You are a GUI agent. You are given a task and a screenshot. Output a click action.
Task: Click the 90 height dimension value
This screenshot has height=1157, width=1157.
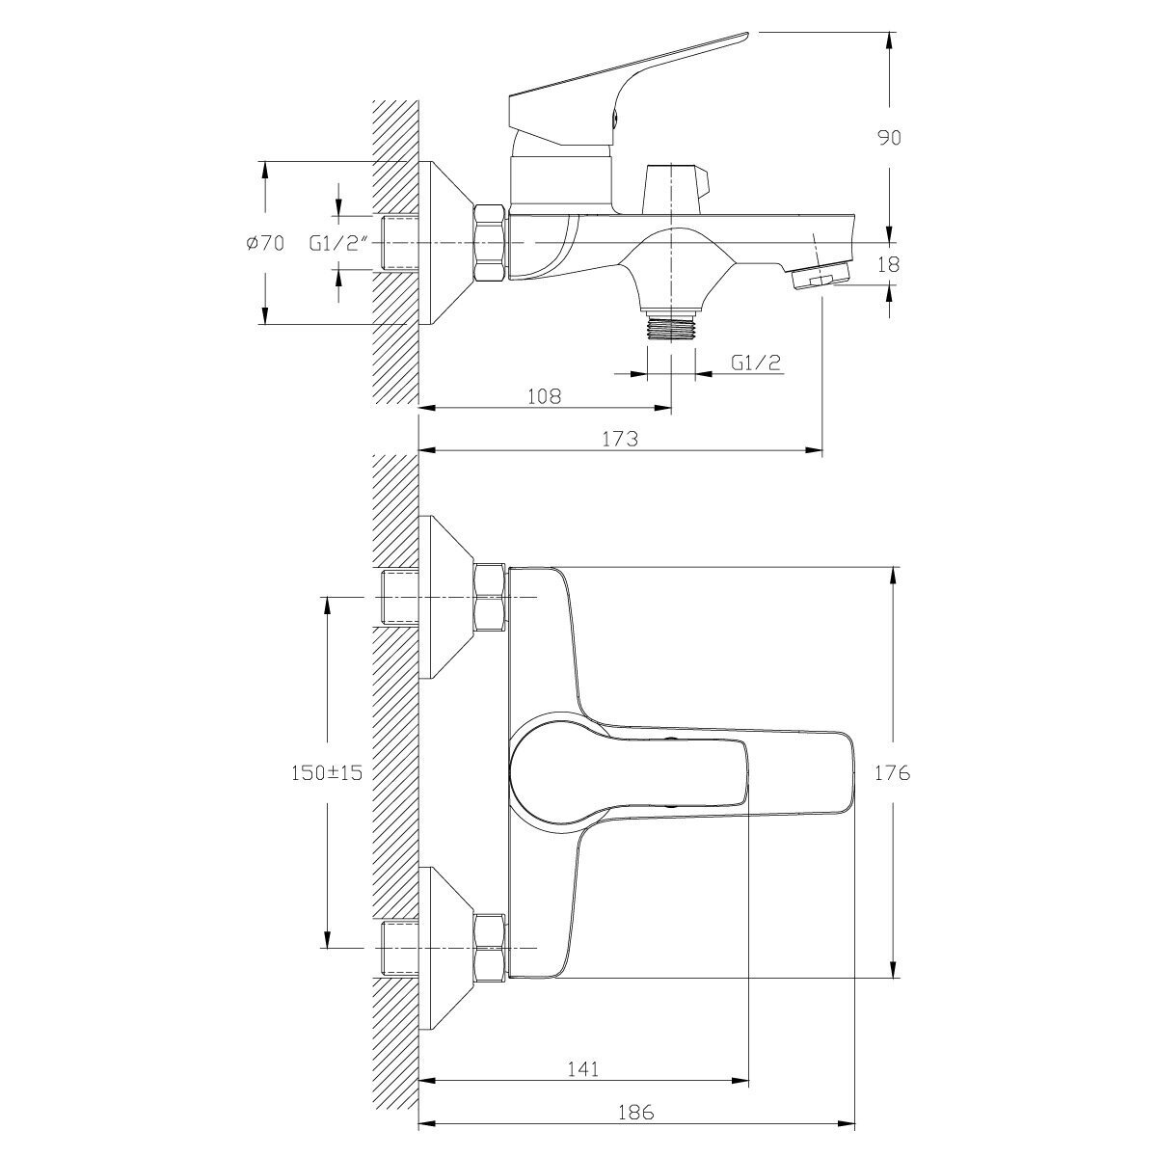pos(889,138)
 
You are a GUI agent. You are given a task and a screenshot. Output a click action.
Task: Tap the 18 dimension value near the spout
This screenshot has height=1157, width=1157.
pos(889,264)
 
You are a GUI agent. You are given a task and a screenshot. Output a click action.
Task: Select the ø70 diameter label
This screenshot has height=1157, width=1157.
pos(264,244)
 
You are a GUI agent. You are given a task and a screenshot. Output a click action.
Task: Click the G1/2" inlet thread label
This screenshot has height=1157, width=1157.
pos(340,244)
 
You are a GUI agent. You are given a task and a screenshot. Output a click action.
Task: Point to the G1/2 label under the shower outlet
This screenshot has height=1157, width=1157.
pos(755,363)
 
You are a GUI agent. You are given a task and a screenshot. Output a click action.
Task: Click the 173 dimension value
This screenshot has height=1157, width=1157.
pos(620,439)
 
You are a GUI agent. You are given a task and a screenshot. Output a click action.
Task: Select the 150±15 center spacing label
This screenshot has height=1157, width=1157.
pos(327,772)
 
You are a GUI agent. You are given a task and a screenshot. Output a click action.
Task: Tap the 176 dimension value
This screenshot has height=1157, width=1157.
pos(893,772)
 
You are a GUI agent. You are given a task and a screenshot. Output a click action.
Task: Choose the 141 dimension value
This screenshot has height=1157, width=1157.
pos(584,1067)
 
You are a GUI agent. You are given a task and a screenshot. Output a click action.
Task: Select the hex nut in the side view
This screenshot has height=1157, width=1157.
pos(491,244)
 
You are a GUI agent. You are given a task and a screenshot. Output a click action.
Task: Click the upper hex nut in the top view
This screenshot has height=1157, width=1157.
pos(491,598)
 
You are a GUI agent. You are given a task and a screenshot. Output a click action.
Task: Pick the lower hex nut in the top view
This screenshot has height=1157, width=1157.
pos(491,948)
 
